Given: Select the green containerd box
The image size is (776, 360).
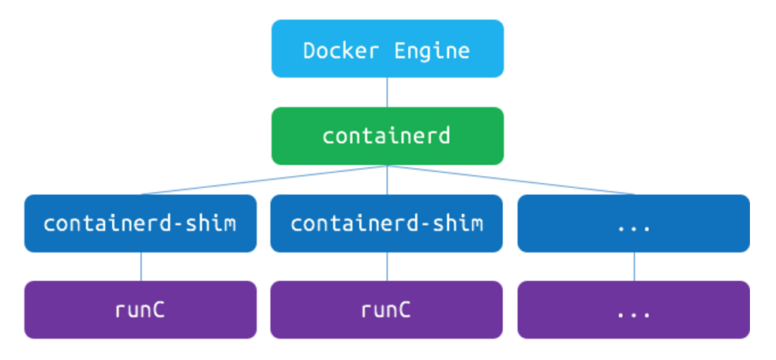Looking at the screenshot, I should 387,136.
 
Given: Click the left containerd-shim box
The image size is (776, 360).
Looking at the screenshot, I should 140,223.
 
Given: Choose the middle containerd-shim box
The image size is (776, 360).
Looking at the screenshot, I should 387,223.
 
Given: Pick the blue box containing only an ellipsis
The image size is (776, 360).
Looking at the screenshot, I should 633,223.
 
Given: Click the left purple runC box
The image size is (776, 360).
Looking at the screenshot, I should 140,309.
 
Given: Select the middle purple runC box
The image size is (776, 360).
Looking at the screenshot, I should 387,309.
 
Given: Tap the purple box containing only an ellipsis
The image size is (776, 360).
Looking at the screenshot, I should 633,309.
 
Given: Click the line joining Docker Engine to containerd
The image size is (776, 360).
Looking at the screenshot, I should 387,92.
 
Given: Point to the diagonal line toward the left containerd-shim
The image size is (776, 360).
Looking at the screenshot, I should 264,180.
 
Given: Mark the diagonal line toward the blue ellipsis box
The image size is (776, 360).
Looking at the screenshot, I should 510,180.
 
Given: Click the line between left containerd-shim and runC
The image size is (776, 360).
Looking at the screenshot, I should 141,267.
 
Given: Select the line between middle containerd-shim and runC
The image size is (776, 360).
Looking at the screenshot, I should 387,267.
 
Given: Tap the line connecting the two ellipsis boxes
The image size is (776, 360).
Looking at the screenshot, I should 634,267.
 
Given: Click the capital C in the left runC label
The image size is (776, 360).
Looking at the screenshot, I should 159,309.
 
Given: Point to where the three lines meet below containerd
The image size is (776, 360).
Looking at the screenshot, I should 387,166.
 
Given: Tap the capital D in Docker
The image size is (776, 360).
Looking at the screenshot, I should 309,51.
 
